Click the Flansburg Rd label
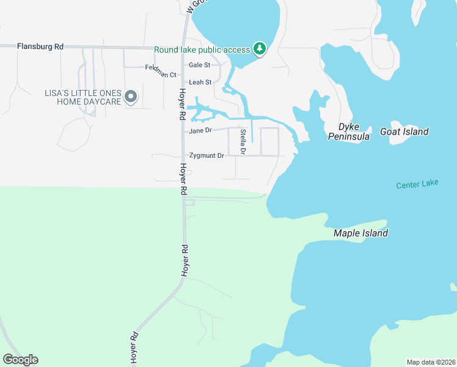(x=40, y=46)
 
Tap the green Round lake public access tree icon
(x=260, y=49)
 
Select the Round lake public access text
(x=202, y=50)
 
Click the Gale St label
(x=199, y=65)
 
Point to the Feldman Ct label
(x=161, y=71)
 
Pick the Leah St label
(x=200, y=82)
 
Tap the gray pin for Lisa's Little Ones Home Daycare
(x=130, y=97)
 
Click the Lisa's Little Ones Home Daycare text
(x=84, y=97)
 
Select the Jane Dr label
(x=200, y=130)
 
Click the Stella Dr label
(x=243, y=141)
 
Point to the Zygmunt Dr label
(x=207, y=155)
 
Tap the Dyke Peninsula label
(x=348, y=132)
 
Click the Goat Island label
(x=404, y=132)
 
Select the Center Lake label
(x=418, y=185)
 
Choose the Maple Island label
(x=360, y=233)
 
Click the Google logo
(x=20, y=360)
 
